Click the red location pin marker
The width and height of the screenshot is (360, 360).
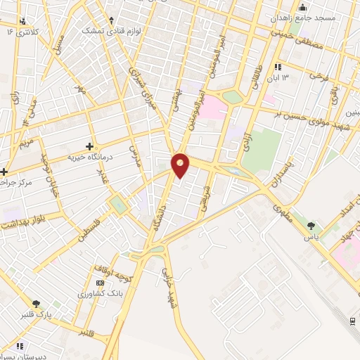pos(181,165)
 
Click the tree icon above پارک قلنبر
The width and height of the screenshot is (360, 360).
pos(36,304)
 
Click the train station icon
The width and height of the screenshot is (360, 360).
pos(352,320)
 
